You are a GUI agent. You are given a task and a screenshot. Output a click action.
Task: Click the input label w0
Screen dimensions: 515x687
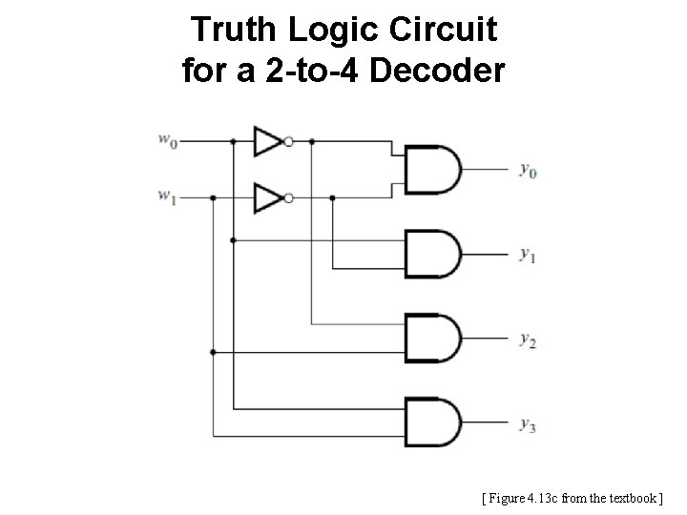click(x=167, y=141)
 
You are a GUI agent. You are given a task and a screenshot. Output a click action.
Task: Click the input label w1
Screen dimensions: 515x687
click(x=167, y=198)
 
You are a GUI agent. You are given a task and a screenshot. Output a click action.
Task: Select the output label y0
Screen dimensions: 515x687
click(x=527, y=171)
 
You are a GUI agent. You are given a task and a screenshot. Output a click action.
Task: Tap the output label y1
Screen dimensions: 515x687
click(x=527, y=255)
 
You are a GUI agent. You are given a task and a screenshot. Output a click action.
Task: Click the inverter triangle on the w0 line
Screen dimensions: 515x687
click(x=266, y=141)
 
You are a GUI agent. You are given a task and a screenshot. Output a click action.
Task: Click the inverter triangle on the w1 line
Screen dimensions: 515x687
click(x=266, y=198)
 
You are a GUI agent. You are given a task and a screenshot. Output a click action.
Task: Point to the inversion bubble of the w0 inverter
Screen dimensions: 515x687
click(x=288, y=141)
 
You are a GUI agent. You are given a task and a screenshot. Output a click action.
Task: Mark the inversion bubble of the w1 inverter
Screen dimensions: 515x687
click(x=288, y=198)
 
